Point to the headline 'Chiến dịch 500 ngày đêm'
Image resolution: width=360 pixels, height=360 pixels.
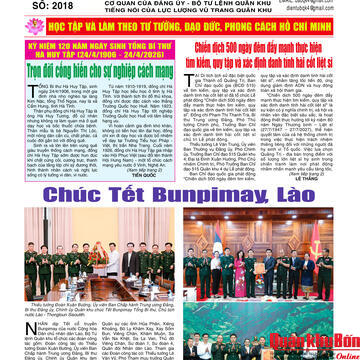271,57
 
